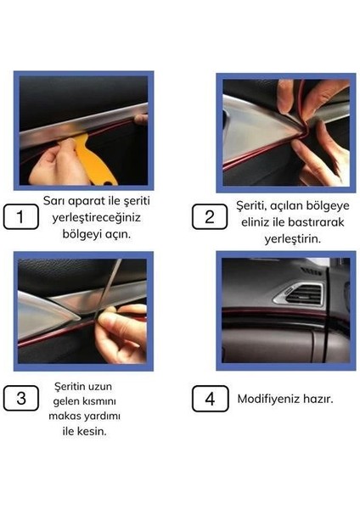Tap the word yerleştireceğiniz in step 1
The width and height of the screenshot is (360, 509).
tap(93, 218)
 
